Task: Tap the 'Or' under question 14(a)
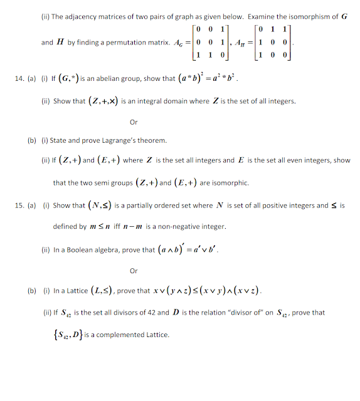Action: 133,122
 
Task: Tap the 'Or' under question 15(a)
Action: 133,271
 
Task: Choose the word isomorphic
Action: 232,183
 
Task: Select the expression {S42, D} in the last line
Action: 66,335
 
